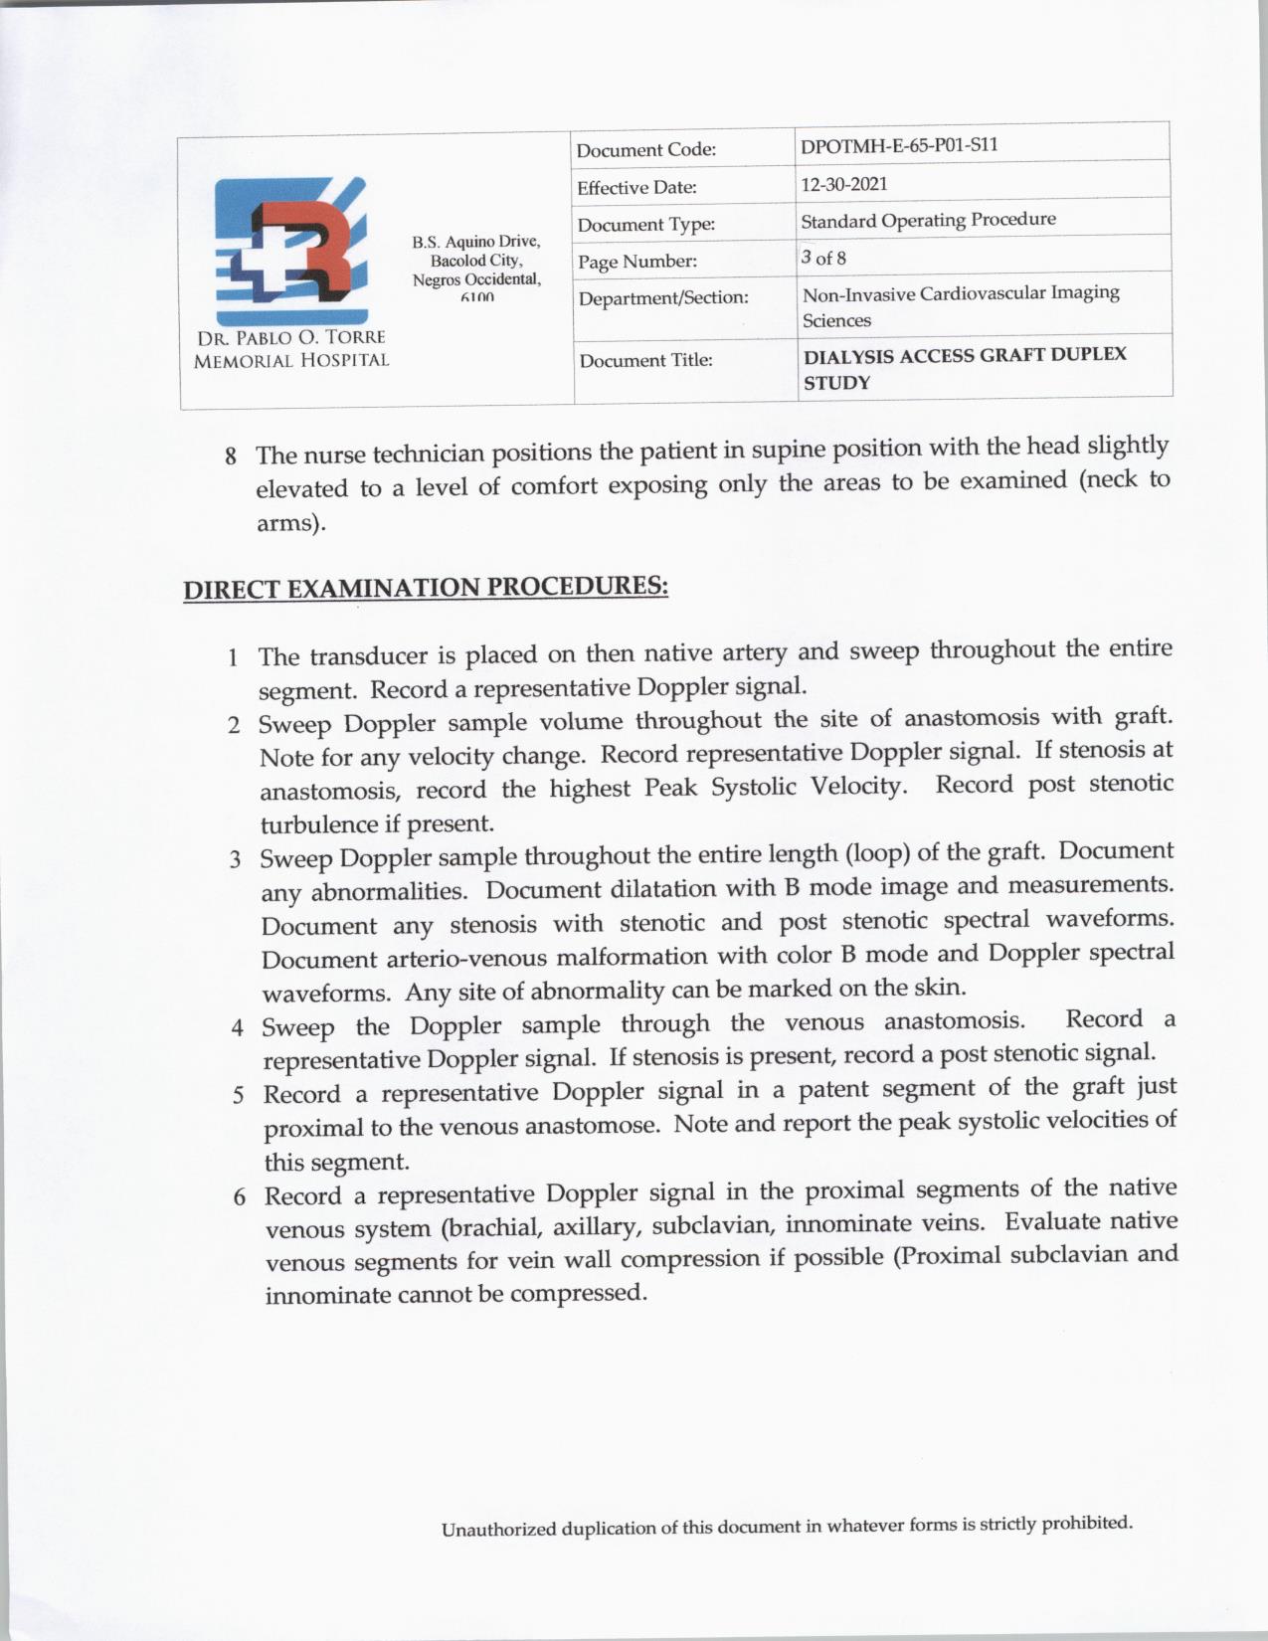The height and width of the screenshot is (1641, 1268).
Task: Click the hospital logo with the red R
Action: click(x=290, y=242)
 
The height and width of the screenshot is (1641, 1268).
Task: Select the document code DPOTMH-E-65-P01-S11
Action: click(x=899, y=145)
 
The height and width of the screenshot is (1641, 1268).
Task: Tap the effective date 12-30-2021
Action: click(x=844, y=184)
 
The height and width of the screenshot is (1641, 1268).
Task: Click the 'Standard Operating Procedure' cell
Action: click(x=928, y=220)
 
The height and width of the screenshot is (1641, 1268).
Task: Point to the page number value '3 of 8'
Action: click(x=823, y=259)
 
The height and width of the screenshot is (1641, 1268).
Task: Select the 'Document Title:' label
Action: click(x=645, y=360)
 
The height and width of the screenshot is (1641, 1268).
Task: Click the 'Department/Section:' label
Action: click(x=663, y=297)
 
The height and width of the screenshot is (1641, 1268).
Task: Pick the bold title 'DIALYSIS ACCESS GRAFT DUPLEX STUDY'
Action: click(x=964, y=368)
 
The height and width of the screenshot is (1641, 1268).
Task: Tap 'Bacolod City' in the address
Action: click(x=475, y=261)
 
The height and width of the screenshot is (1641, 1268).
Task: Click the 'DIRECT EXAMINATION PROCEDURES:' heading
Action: click(x=426, y=587)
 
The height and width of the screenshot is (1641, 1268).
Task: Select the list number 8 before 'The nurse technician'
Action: click(x=231, y=456)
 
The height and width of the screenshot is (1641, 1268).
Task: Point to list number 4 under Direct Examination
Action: click(x=238, y=1027)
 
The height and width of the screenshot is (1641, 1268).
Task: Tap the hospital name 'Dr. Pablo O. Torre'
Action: click(x=290, y=338)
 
